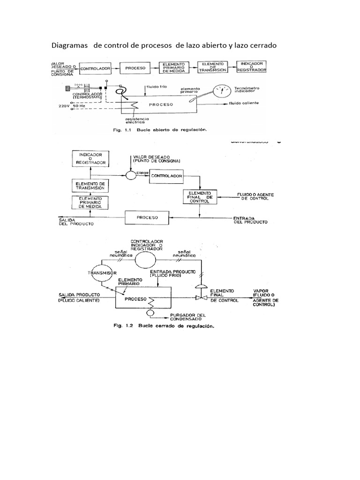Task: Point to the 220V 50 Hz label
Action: pos(72,106)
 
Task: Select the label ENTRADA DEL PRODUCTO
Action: pos(251,221)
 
